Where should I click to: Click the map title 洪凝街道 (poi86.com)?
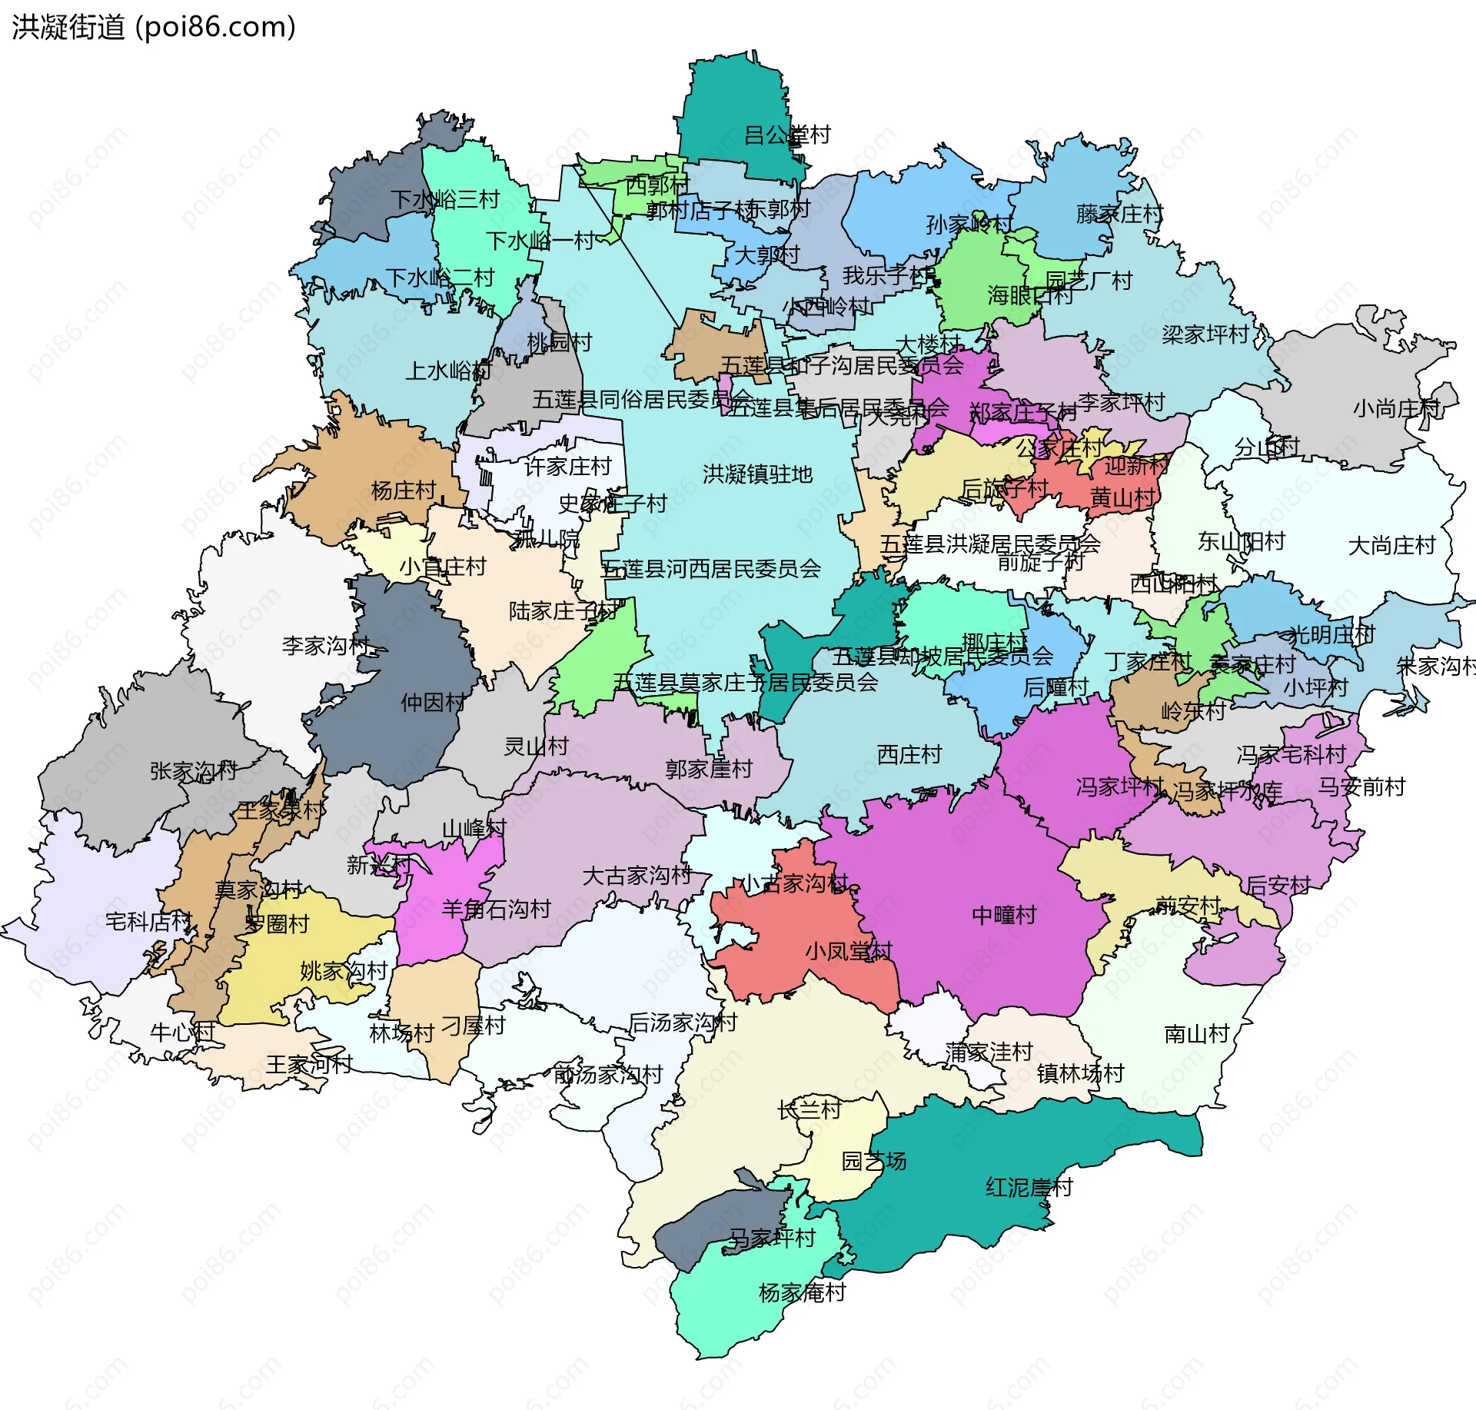pos(154,28)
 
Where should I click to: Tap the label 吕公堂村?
pos(787,135)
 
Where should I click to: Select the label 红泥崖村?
pos(1029,1187)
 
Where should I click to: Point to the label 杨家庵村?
pos(802,1292)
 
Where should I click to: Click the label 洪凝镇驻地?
pos(757,474)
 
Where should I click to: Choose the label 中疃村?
pos(1004,915)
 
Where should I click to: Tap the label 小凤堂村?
pos(848,951)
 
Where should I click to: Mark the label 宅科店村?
pos(148,920)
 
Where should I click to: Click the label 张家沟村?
pos(193,770)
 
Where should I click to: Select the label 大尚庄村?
pos(1391,546)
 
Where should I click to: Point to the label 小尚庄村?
pos(1396,408)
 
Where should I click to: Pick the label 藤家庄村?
pos(1119,214)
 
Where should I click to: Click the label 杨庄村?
pos(404,491)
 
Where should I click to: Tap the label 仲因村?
pos(433,702)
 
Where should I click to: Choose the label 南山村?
pos(1197,1034)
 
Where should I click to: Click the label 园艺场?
pos(874,1161)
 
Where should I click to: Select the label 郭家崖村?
pos(708,769)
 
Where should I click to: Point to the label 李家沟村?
pos(326,646)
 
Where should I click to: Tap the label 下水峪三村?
pos(445,200)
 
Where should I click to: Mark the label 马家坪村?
pos(771,1238)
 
